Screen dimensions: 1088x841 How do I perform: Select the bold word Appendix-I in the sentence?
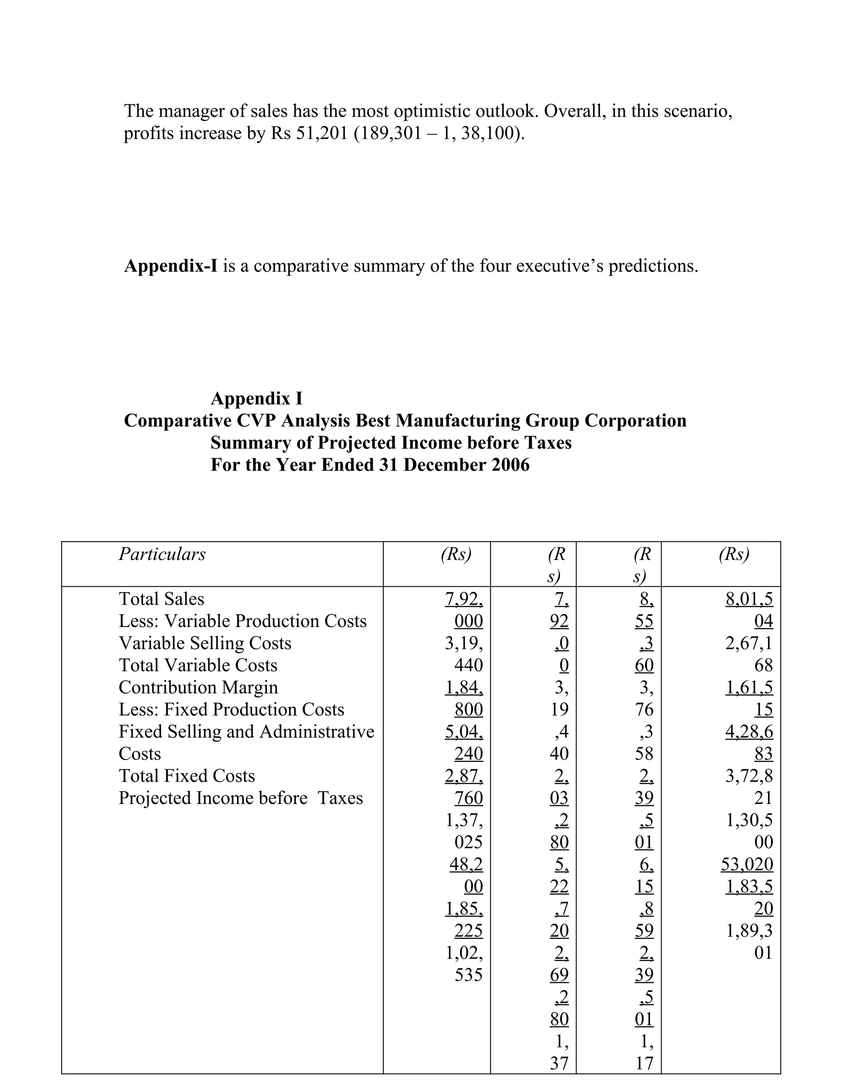point(170,266)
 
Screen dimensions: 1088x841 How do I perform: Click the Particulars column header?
point(162,554)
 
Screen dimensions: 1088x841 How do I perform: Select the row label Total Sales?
point(161,599)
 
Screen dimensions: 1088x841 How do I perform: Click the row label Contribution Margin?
point(198,687)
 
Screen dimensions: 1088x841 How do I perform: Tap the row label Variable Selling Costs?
point(205,643)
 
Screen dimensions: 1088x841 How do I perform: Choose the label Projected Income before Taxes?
point(241,798)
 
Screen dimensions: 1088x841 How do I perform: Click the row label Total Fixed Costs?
point(187,776)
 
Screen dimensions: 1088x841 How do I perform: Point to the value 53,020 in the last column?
point(747,864)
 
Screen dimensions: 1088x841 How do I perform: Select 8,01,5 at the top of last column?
point(749,599)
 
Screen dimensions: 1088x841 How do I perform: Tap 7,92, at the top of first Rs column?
point(463,599)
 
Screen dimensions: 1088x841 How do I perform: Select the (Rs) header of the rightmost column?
point(733,554)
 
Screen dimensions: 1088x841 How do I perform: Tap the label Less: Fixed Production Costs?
point(231,709)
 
